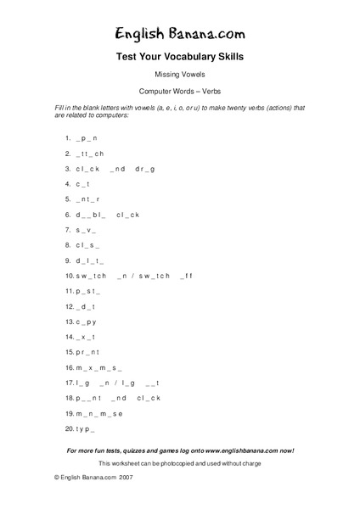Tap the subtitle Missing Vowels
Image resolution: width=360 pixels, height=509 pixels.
179,75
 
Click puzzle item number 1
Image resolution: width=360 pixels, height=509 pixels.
67,137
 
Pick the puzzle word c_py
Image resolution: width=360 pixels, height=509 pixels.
87,322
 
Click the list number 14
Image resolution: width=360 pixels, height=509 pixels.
69,337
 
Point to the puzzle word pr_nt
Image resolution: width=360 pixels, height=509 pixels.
87,352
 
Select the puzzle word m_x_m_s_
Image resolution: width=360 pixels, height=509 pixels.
99,367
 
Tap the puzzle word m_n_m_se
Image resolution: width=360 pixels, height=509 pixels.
99,413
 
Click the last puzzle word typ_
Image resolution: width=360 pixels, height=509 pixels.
86,428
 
